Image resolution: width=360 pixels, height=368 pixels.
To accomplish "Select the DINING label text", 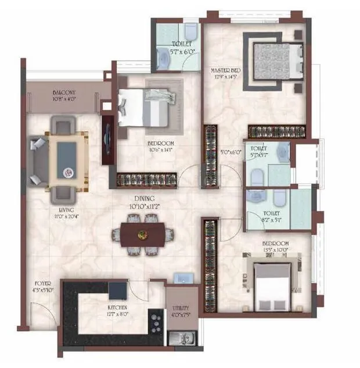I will pyautogui.click(x=145, y=198).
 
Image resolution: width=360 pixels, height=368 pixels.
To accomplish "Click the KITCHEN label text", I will pyautogui.click(x=117, y=307).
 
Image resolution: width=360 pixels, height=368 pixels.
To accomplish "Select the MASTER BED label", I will pyautogui.click(x=224, y=70).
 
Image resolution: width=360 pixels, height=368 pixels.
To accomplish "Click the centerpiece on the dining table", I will pyautogui.click(x=142, y=234).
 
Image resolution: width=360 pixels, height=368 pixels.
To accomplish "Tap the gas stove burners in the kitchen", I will pyautogui.click(x=156, y=319).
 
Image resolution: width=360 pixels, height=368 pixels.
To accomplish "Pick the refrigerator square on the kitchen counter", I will pyautogui.click(x=118, y=290).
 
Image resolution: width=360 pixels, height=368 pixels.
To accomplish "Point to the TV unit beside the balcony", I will pyautogui.click(x=107, y=140).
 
